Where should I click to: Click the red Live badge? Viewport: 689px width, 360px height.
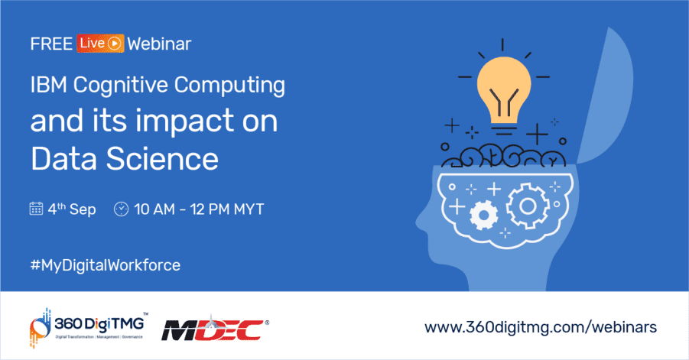point(99,44)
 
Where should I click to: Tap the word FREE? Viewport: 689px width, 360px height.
point(51,44)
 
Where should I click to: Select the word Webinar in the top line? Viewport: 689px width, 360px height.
point(159,44)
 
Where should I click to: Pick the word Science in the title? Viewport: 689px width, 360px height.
point(164,159)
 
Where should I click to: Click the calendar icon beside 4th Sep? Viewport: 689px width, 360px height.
point(36,209)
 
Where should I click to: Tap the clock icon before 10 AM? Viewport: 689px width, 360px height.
point(121,209)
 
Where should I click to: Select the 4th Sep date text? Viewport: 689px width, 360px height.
point(73,209)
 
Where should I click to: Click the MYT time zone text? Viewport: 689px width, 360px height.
point(248,209)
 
